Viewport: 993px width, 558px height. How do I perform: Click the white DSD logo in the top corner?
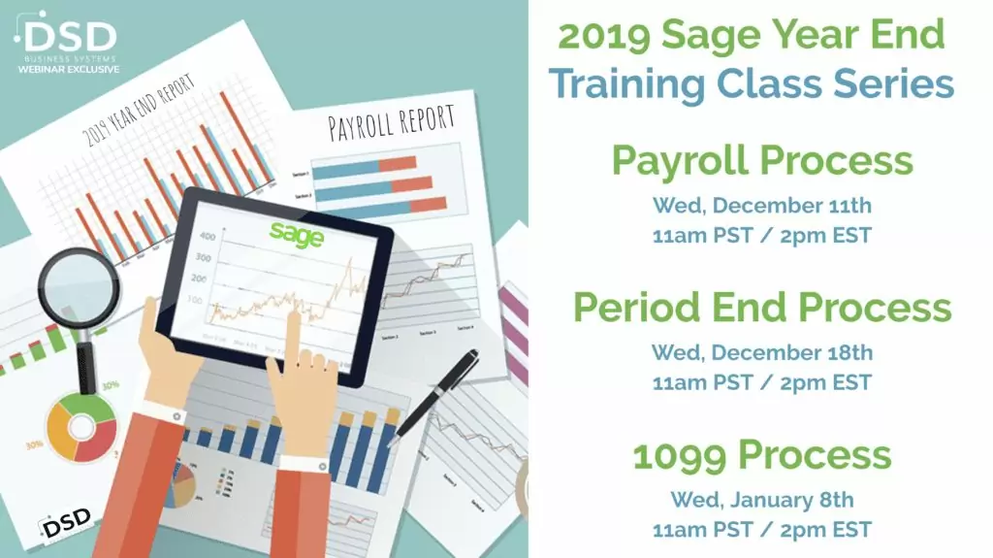point(68,37)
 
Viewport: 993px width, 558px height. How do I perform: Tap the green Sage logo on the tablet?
point(297,234)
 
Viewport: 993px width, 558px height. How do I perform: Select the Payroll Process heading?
point(761,160)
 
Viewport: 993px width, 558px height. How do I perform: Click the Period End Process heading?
point(761,308)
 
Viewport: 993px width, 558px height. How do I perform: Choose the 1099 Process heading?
point(761,455)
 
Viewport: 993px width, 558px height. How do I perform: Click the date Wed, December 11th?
point(761,205)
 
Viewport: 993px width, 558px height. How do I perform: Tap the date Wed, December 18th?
point(761,352)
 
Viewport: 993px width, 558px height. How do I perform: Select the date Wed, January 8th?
point(761,500)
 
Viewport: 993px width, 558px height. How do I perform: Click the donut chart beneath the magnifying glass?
point(81,427)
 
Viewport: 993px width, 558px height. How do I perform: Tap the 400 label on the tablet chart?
point(207,236)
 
